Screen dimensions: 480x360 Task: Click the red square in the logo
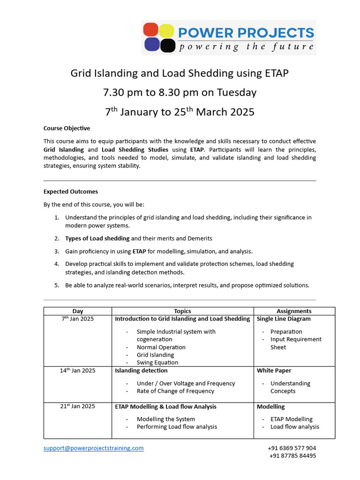point(151,30)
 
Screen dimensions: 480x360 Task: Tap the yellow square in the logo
point(167,30)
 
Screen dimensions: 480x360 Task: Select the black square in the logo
point(167,45)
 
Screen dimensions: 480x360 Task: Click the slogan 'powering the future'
point(245,46)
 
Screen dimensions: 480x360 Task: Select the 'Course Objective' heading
point(67,128)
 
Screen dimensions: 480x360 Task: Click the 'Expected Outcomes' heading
point(70,191)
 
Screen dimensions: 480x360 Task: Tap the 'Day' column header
point(78,311)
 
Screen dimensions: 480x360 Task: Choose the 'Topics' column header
point(182,311)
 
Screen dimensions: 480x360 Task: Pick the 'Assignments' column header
point(294,311)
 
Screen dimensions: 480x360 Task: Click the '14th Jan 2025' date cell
point(78,370)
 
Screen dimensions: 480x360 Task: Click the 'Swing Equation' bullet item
point(157,362)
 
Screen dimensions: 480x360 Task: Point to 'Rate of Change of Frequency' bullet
point(175,391)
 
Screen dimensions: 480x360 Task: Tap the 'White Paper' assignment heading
point(274,370)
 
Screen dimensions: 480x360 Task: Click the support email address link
point(94,448)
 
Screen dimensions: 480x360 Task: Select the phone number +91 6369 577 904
point(292,448)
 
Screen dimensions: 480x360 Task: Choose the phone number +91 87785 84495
point(292,456)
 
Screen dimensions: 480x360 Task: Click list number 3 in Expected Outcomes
point(57,251)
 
